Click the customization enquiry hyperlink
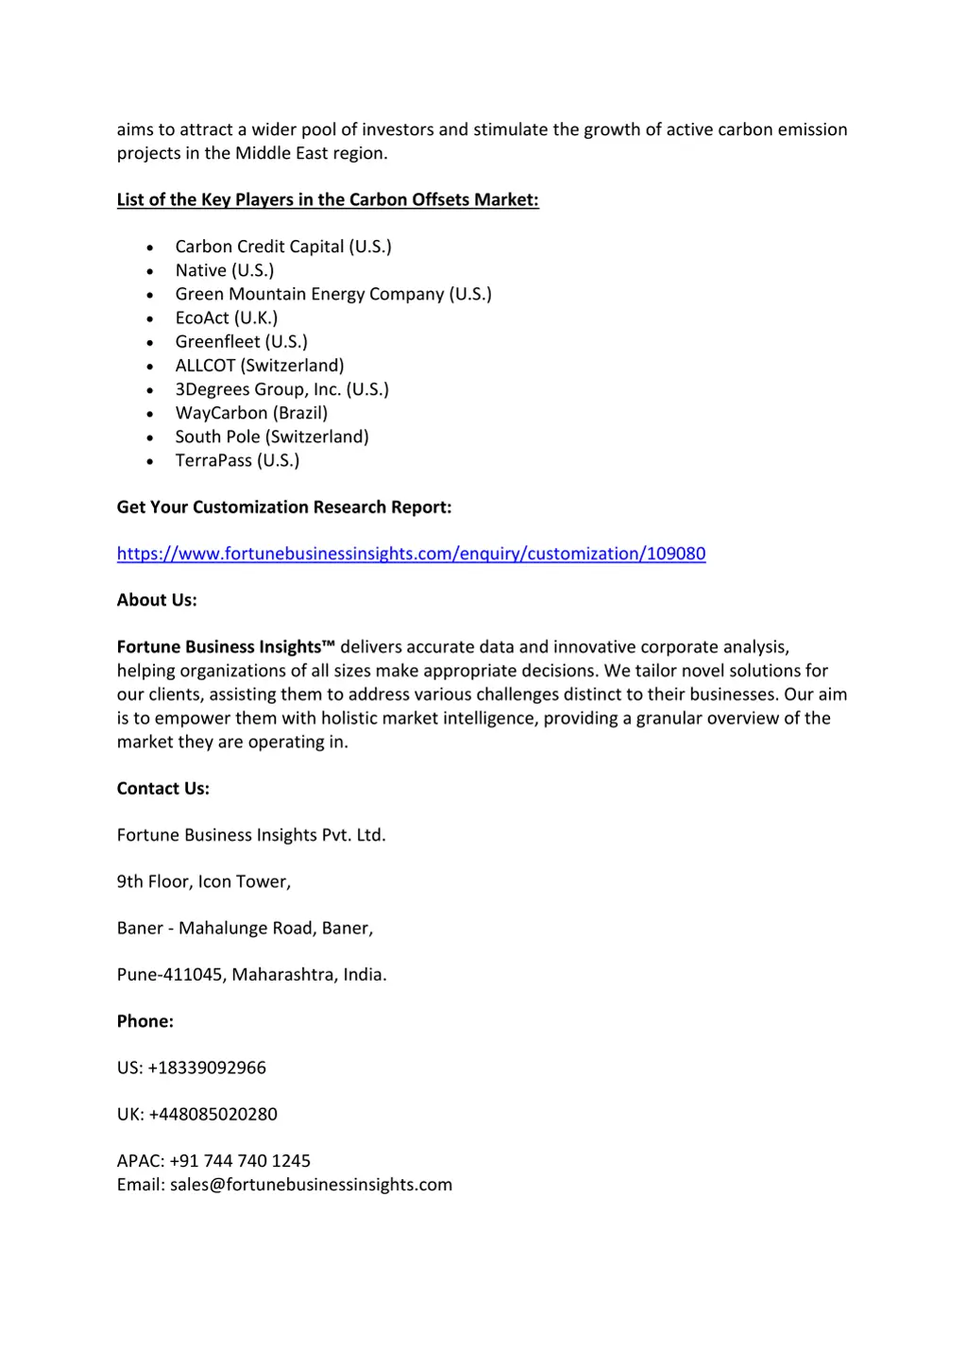[x=411, y=554]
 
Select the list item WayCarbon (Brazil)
[x=251, y=413]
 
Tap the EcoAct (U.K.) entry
[x=227, y=317]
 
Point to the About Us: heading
[x=157, y=600]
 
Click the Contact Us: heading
[x=163, y=788]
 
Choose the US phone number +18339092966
[x=207, y=1068]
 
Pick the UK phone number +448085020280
[x=212, y=1114]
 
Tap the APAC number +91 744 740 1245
[x=240, y=1160]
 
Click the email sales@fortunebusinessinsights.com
[x=311, y=1185]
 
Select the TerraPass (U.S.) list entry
[x=237, y=460]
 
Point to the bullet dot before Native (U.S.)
[x=150, y=271]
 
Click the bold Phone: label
[x=145, y=1021]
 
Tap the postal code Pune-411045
[x=171, y=974]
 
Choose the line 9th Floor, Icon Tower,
[x=204, y=881]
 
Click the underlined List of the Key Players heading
[x=328, y=199]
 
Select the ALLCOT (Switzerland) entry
[x=260, y=366]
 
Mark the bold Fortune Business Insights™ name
[x=226, y=647]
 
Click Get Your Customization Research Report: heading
[x=284, y=507]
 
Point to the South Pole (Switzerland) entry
[x=272, y=436]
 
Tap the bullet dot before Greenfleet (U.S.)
[x=150, y=343]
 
